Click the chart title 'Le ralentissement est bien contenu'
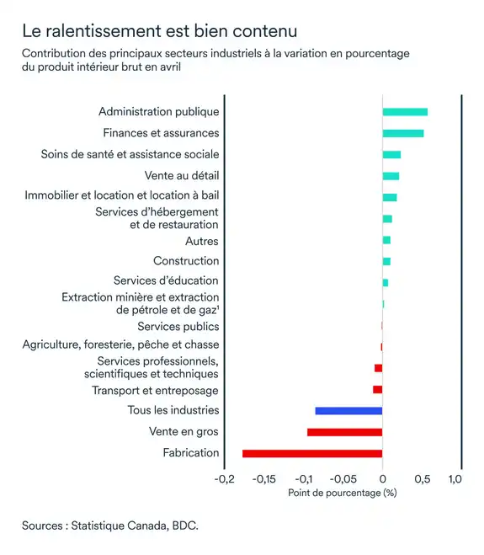(x=159, y=32)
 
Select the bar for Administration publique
(x=405, y=112)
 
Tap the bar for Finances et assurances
(x=403, y=133)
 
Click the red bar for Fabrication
(x=312, y=453)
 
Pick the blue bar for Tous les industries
(x=348, y=410)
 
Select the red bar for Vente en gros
(x=344, y=432)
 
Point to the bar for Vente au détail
(x=391, y=176)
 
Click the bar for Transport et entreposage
(x=378, y=389)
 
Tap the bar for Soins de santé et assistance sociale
(x=391, y=154)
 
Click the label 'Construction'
(x=186, y=261)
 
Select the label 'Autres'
(x=202, y=241)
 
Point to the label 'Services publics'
(x=178, y=326)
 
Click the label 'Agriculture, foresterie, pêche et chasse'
(x=120, y=344)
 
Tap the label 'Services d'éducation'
(x=166, y=280)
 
